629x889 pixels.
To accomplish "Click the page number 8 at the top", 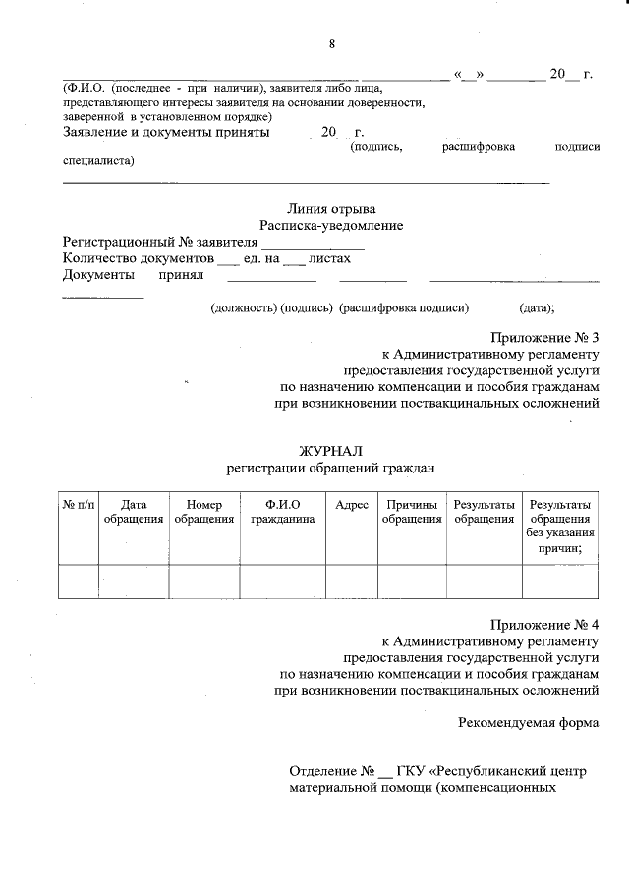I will pos(331,43).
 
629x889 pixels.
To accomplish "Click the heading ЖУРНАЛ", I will pos(330,450).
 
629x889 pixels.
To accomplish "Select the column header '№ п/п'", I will pos(77,505).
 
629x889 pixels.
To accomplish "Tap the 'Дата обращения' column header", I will pos(133,512).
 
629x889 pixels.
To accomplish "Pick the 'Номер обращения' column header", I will pos(203,512).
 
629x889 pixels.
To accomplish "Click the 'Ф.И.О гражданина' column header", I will pos(282,512).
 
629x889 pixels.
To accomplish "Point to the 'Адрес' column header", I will pos(352,505).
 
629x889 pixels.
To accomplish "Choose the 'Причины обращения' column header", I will pos(412,512).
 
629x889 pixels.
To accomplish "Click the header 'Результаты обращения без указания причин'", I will pos(559,527).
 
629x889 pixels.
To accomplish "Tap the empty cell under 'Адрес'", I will pos(352,581).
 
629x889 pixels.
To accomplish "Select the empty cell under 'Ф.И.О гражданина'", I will pos(282,581).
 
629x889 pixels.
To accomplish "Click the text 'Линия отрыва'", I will pos(331,208).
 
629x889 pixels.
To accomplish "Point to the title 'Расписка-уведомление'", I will pos(331,225).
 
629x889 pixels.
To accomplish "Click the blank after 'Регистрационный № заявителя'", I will pos(312,243).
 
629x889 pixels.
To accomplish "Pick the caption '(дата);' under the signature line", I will pos(537,307).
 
